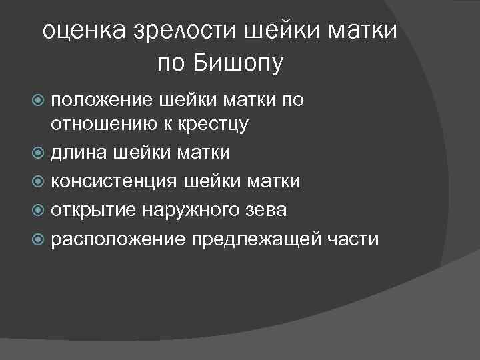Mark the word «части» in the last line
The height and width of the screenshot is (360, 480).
pos(352,239)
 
